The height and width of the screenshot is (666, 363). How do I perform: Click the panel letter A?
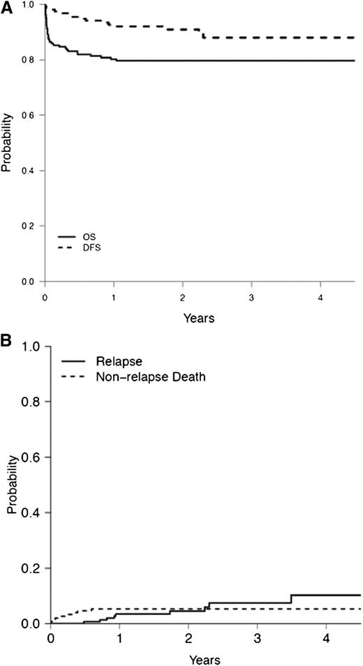click(x=6, y=7)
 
